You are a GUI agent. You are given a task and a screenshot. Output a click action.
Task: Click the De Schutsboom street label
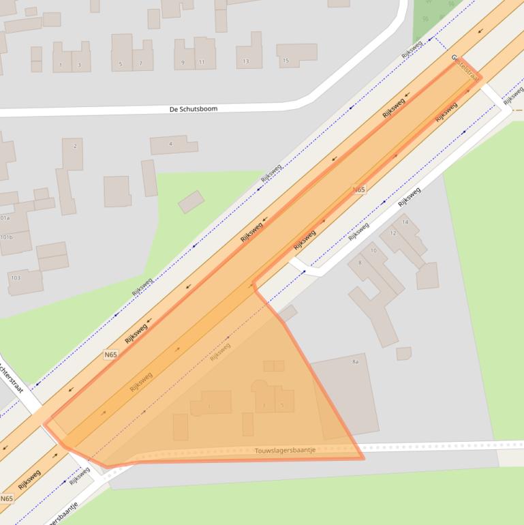click(x=194, y=108)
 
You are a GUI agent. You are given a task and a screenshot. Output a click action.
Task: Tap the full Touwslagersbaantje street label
click(x=285, y=450)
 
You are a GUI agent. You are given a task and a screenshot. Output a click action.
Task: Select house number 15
click(x=286, y=61)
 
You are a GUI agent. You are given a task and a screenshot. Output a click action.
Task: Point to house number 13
click(x=245, y=61)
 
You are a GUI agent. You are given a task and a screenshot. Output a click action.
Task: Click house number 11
click(x=202, y=62)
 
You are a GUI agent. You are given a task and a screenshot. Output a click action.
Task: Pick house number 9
click(x=183, y=62)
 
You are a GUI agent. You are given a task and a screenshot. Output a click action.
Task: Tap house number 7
click(x=141, y=64)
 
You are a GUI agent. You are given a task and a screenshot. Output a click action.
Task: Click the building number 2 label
click(x=75, y=146)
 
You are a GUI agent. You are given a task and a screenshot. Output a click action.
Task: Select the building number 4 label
click(x=170, y=144)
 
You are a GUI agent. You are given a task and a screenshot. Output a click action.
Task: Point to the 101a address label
click(x=5, y=218)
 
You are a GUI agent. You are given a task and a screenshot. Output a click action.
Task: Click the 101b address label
click(x=6, y=237)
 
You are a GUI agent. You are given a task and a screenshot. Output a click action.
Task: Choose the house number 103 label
click(x=15, y=277)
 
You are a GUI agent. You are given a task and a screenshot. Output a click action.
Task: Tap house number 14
click(x=405, y=222)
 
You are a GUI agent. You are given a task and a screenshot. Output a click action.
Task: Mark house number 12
click(x=392, y=233)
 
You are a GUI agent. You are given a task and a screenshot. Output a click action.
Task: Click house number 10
click(x=373, y=251)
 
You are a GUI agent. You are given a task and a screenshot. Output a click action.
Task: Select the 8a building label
click(x=355, y=361)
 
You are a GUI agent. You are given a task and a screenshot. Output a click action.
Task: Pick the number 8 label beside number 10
click(x=359, y=262)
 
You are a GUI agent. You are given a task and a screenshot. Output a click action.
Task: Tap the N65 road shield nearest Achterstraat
click(x=110, y=355)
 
